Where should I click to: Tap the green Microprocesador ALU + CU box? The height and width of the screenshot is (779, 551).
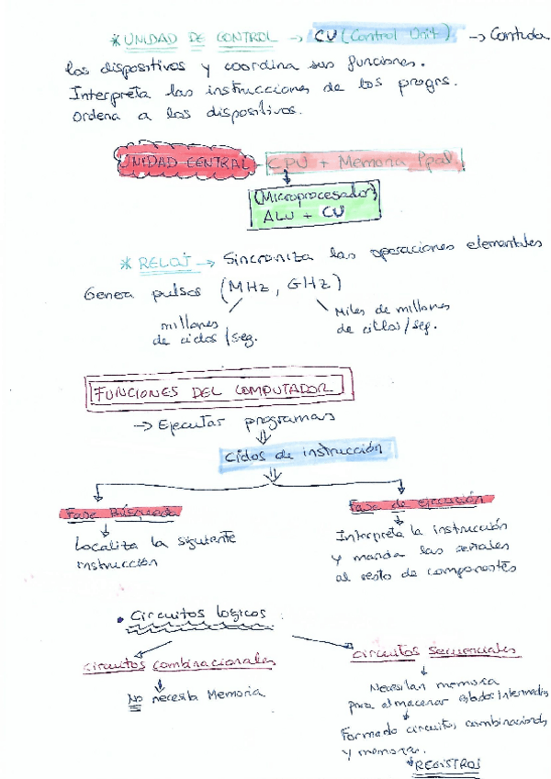point(313,207)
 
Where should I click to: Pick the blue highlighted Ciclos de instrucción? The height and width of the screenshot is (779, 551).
point(310,452)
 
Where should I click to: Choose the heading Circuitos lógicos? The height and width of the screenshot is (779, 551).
point(197,614)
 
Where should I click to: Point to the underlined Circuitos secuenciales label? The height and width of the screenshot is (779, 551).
point(434,649)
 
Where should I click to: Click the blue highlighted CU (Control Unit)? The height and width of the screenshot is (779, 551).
point(384,36)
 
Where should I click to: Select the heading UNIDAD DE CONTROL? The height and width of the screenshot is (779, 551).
point(197,38)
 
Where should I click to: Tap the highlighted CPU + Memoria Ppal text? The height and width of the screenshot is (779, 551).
point(364,163)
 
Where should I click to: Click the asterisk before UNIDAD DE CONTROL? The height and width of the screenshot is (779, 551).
point(115,40)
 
